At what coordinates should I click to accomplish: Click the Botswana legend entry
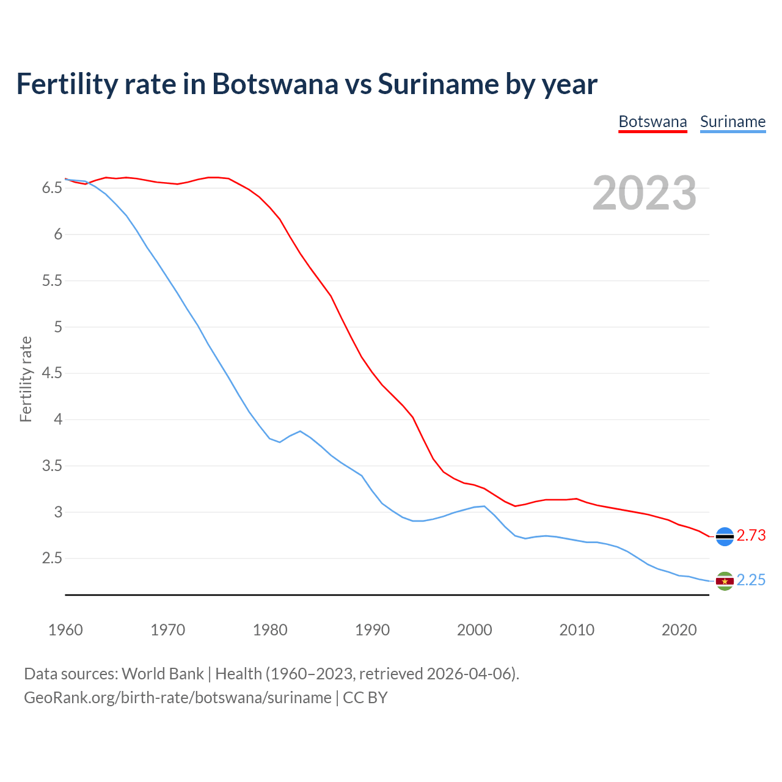point(652,122)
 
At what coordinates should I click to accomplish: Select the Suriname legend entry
point(733,122)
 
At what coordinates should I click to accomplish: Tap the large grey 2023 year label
point(645,193)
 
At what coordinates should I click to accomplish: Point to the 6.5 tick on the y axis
point(52,188)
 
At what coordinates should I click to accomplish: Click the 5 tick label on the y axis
point(58,327)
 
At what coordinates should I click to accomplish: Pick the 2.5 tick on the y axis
point(52,558)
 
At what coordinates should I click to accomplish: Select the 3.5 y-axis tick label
point(52,466)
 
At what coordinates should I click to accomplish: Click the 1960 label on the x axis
point(65,630)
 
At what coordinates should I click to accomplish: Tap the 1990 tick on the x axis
point(372,630)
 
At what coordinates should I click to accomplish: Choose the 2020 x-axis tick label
point(679,630)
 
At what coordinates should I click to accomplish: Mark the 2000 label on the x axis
point(474,630)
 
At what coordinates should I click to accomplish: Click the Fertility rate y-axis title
point(26,379)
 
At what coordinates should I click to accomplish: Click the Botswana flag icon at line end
point(725,536)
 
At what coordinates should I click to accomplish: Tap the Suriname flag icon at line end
point(725,581)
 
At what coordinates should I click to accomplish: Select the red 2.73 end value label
point(751,536)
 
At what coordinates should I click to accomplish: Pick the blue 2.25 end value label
point(751,580)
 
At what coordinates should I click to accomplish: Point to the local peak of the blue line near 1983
point(300,431)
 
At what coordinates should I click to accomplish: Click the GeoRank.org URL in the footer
point(177,698)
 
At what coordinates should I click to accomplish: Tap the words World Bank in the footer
point(163,674)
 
